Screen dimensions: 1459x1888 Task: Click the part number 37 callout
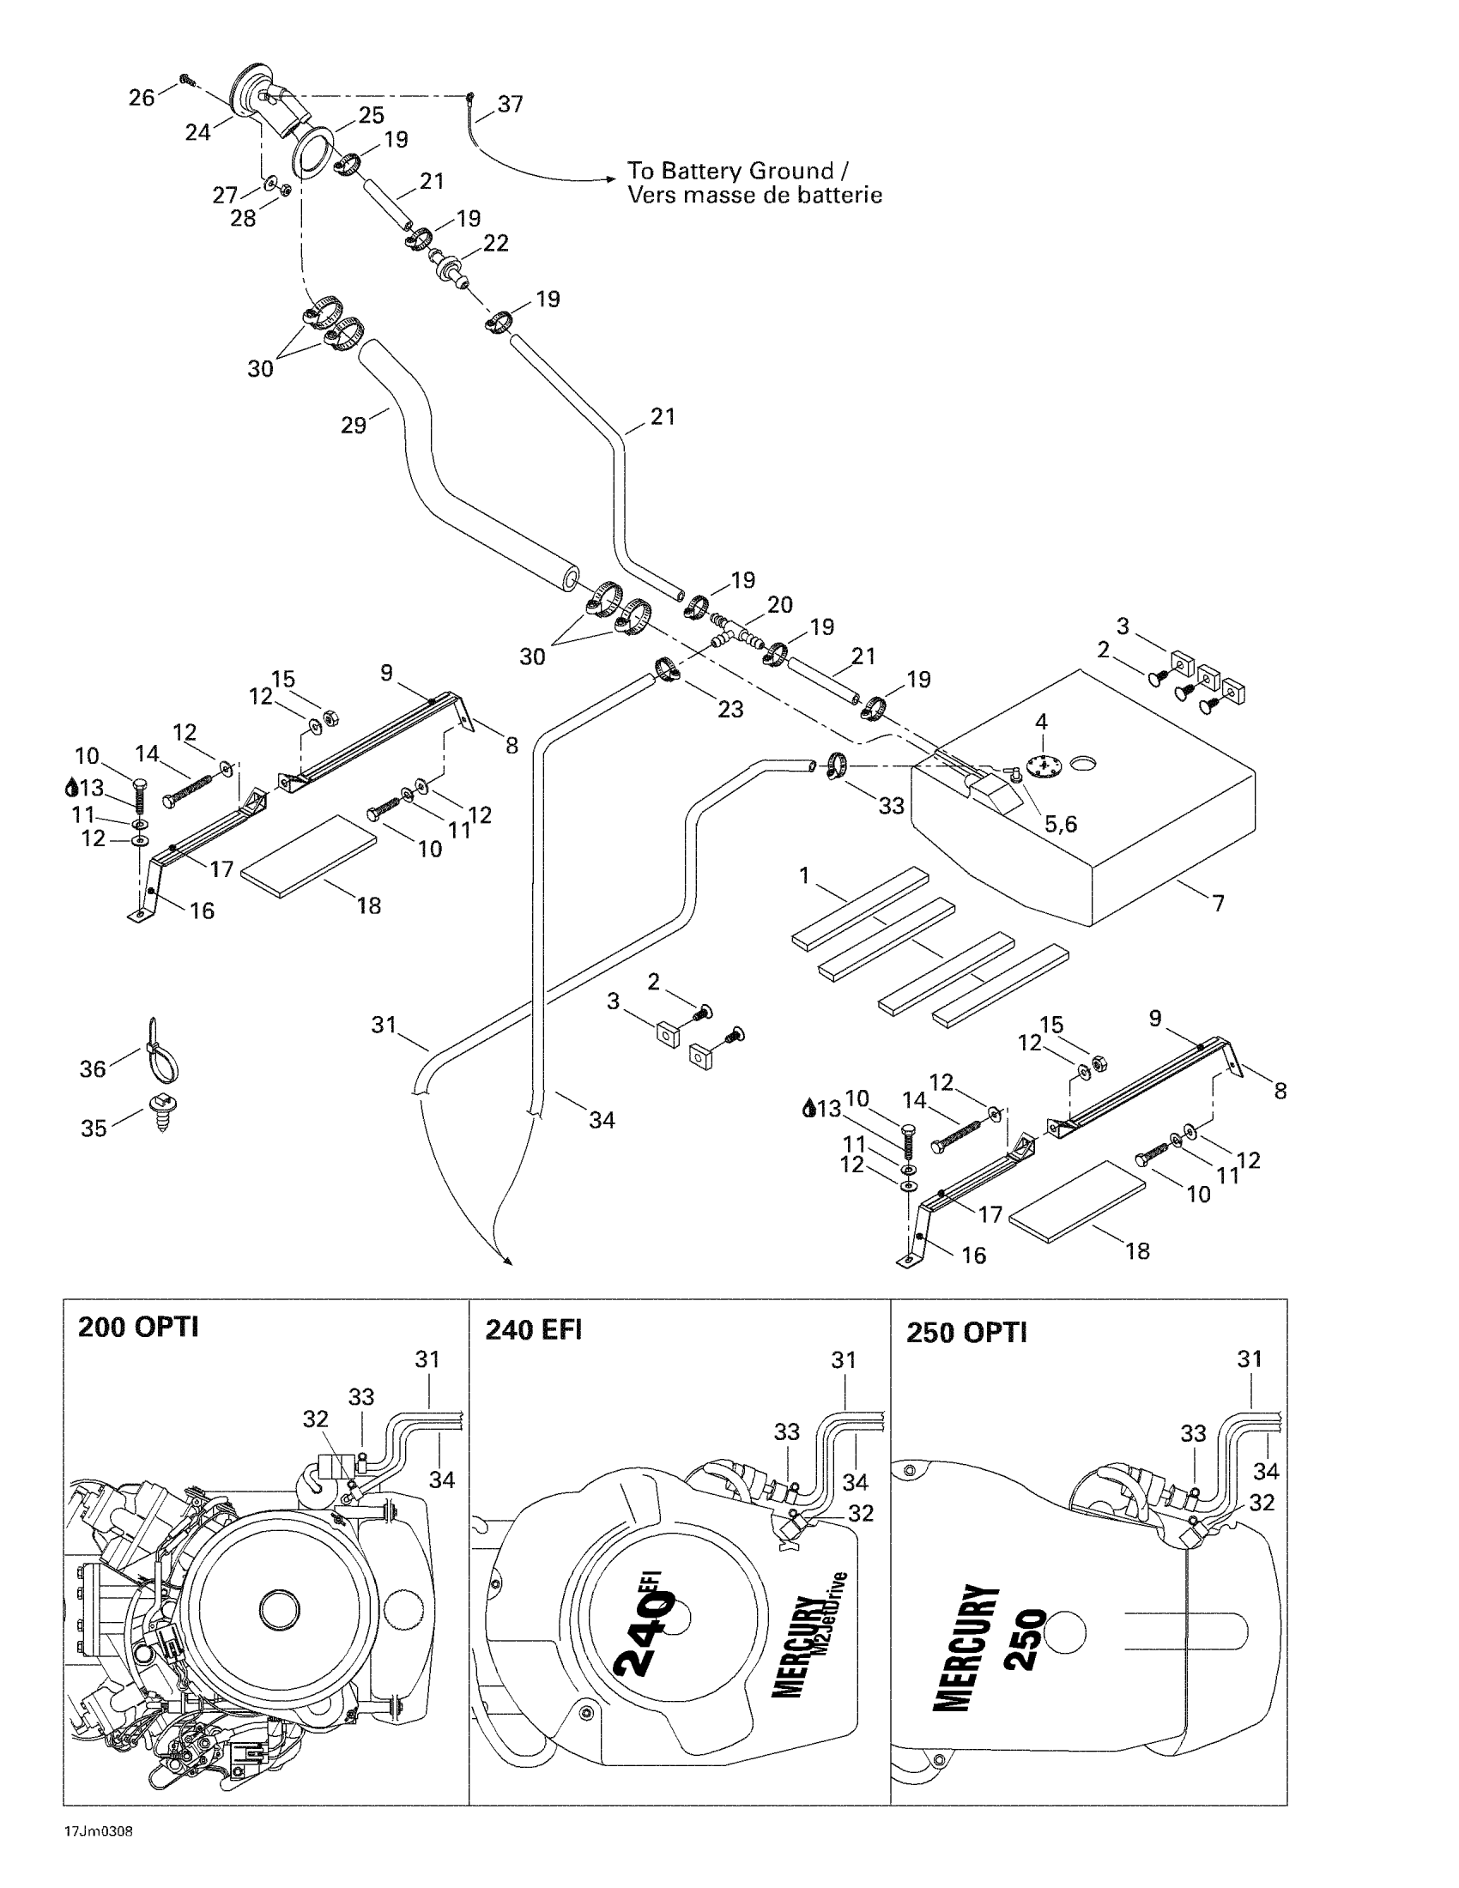pyautogui.click(x=510, y=104)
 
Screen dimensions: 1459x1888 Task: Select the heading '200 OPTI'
pyautogui.click(x=138, y=1326)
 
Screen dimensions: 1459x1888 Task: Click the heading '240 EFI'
pyautogui.click(x=533, y=1328)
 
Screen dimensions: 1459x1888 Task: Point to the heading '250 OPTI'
pyautogui.click(x=966, y=1332)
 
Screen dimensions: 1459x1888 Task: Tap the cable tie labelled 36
pyautogui.click(x=163, y=1050)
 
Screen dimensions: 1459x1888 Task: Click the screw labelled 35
pyautogui.click(x=161, y=1111)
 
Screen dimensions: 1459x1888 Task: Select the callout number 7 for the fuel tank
pyautogui.click(x=1218, y=905)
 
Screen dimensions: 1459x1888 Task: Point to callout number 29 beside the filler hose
pyautogui.click(x=354, y=426)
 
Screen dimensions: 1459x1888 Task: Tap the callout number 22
pyautogui.click(x=495, y=244)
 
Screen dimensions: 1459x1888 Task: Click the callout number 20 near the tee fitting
pyautogui.click(x=779, y=605)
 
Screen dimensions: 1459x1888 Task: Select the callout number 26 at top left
pyautogui.click(x=142, y=98)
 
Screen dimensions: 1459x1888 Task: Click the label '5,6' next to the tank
pyautogui.click(x=1061, y=825)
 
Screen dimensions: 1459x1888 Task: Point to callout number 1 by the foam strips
pyautogui.click(x=804, y=875)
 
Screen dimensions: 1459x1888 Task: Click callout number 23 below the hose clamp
pyautogui.click(x=730, y=709)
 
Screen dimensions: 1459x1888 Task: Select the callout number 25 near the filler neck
pyautogui.click(x=371, y=115)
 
